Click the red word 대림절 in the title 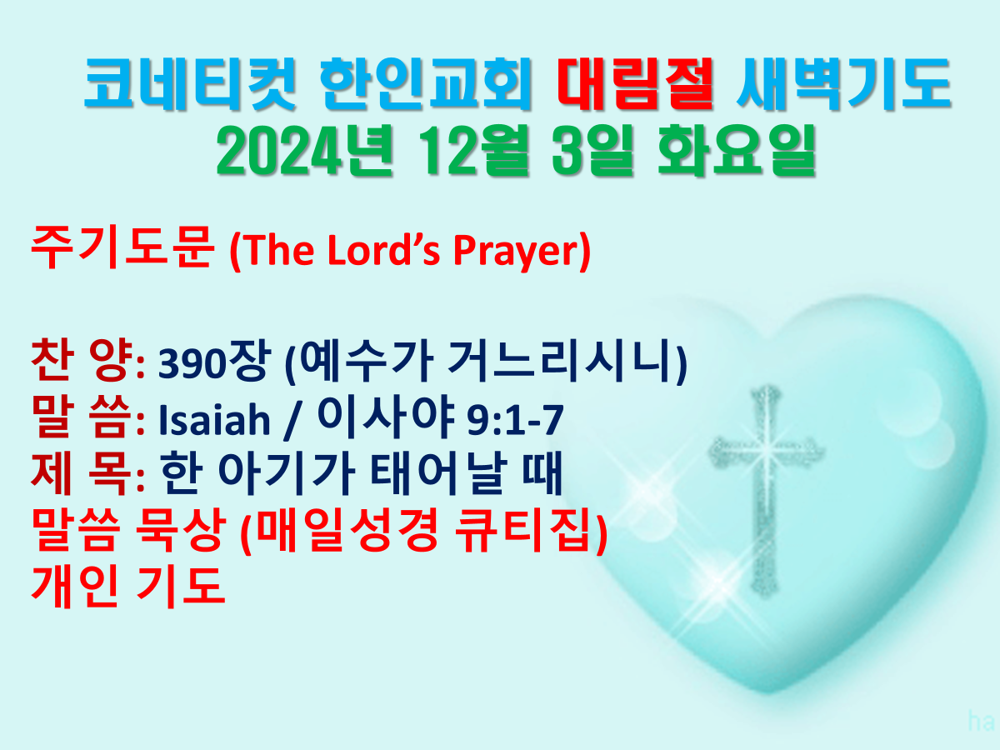coord(635,84)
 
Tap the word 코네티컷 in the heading coord(190,84)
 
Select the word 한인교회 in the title coord(426,84)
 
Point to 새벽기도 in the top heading coord(843,84)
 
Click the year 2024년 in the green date coord(304,151)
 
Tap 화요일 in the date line coord(737,151)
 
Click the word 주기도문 coord(122,247)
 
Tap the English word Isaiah coord(214,420)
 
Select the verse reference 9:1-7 coord(515,420)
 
